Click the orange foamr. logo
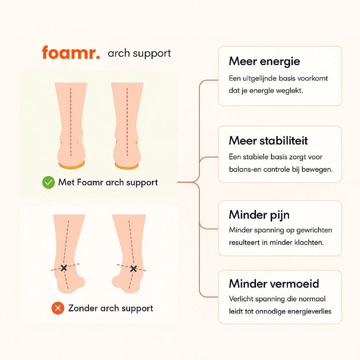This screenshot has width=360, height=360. (71, 53)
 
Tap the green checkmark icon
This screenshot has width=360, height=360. (48, 182)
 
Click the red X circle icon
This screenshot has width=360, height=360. (58, 308)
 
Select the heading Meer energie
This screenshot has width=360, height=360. (264, 61)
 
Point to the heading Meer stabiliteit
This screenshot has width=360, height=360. (268, 140)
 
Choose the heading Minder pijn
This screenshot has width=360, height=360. (259, 215)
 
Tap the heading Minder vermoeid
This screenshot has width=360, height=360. (273, 284)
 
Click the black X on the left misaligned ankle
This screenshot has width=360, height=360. (64, 268)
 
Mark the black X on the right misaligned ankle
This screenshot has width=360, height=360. (133, 269)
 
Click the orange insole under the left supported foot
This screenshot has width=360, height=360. (71, 164)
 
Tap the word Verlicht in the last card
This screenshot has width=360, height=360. (242, 299)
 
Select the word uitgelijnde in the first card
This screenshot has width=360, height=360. (262, 78)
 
